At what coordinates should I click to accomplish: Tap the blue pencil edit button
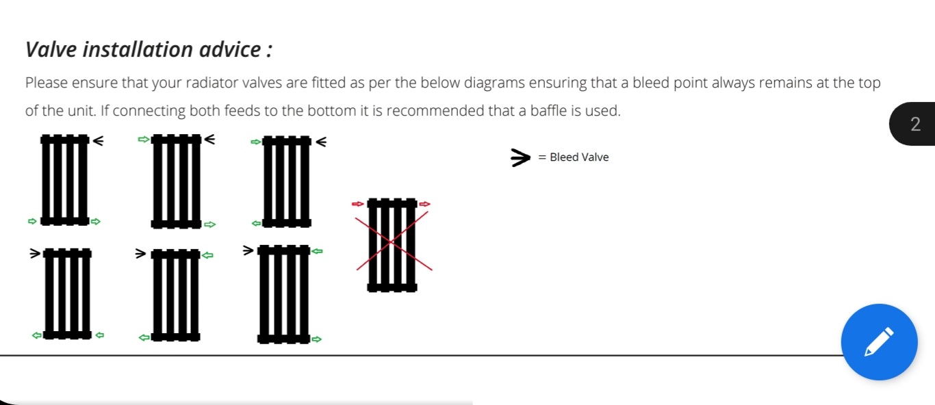(x=879, y=342)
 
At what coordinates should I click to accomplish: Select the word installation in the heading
(x=138, y=50)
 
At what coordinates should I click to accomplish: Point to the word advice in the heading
(x=230, y=50)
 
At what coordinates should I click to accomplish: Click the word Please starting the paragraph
(x=46, y=83)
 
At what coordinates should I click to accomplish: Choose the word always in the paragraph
(x=733, y=83)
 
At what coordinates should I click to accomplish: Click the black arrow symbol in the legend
(x=520, y=157)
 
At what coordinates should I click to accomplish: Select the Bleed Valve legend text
(x=579, y=157)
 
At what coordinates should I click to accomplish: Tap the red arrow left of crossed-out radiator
(x=358, y=204)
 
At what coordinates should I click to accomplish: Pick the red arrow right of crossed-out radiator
(x=424, y=204)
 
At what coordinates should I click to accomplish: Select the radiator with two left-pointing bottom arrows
(x=67, y=293)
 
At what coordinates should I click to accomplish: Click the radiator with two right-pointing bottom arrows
(x=65, y=180)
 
